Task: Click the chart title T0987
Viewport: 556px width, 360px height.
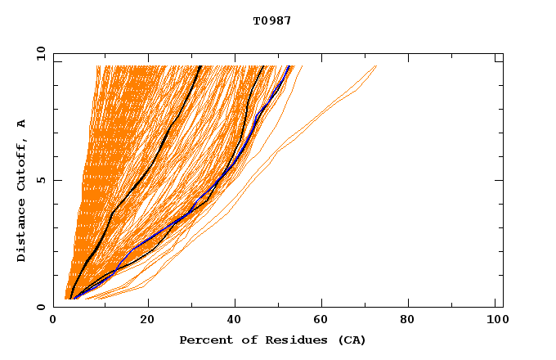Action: click(x=272, y=21)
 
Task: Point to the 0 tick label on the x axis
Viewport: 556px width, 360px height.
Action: click(x=53, y=322)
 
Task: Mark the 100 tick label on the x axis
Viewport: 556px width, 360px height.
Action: click(x=495, y=322)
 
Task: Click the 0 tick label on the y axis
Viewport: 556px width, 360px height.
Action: click(x=42, y=307)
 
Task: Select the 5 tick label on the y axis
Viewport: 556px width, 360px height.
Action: click(x=42, y=180)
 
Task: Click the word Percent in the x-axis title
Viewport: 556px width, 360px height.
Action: click(x=204, y=340)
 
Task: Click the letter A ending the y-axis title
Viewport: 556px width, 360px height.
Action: click(x=21, y=124)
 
